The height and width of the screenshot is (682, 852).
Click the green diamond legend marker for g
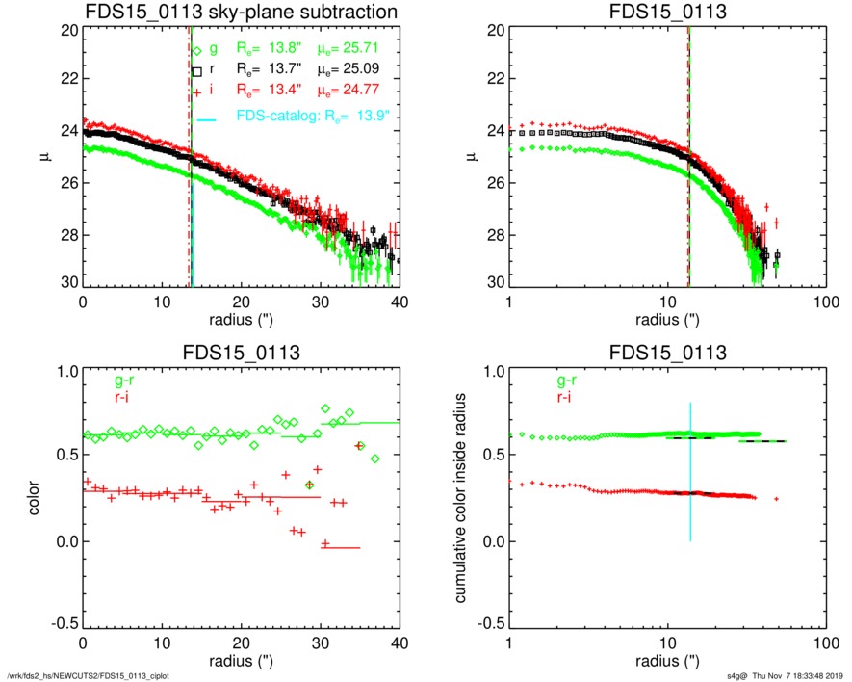tap(197, 50)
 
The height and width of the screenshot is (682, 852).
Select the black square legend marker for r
tap(196, 71)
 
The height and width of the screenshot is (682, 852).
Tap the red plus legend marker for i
tap(196, 92)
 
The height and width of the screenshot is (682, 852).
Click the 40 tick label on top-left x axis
tap(400, 301)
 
